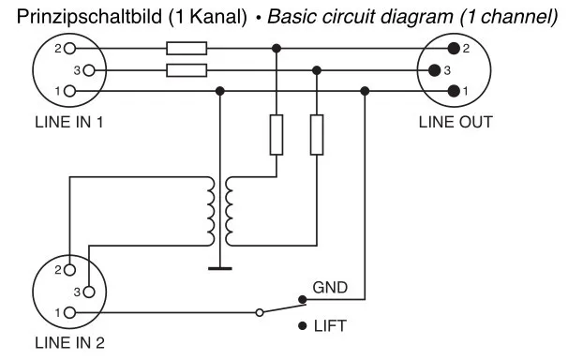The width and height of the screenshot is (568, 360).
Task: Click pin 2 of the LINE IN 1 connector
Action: click(70, 48)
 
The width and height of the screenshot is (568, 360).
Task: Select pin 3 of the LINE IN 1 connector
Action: click(89, 70)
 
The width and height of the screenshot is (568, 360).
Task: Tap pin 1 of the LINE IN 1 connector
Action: click(70, 91)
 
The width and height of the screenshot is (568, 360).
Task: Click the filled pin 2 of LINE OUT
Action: click(454, 48)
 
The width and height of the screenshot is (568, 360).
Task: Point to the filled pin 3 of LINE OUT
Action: click(434, 70)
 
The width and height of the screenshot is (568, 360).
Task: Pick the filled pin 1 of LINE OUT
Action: click(454, 91)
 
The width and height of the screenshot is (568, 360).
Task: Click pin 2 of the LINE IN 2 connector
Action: click(70, 270)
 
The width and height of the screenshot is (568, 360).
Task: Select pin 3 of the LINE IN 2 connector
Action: click(89, 292)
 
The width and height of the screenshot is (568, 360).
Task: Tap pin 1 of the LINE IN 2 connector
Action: click(70, 312)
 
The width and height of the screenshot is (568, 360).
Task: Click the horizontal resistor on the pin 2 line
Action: click(187, 48)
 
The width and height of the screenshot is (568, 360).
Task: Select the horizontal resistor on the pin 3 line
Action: click(187, 70)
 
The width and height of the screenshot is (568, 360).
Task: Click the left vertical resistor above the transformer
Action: click(277, 135)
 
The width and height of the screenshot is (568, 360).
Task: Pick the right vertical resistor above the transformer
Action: click(317, 135)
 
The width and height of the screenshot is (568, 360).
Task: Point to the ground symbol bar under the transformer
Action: click(220, 269)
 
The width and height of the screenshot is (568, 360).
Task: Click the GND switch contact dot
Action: click(303, 299)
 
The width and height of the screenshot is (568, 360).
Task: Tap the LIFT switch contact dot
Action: click(303, 326)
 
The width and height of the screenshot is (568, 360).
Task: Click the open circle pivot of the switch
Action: click(260, 312)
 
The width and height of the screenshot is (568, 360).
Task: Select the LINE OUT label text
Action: click(456, 122)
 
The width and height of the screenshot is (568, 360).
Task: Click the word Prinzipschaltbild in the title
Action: click(89, 17)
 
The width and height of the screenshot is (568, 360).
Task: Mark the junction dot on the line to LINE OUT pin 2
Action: click(277, 48)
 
